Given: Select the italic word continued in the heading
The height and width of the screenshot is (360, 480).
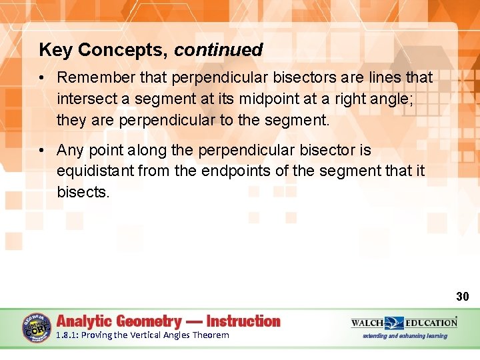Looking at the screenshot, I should [x=219, y=50].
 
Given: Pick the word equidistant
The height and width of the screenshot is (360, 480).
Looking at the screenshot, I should [x=95, y=171].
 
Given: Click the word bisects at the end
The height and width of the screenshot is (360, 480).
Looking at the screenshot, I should [x=81, y=192].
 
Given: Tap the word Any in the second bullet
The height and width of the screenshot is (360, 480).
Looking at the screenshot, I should [x=70, y=151].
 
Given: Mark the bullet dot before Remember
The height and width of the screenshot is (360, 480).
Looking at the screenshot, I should [x=41, y=78].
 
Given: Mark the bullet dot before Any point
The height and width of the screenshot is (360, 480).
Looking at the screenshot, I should [x=41, y=151].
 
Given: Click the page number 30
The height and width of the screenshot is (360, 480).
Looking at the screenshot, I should [x=463, y=296].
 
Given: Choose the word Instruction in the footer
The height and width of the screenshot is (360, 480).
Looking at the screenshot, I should [x=243, y=321].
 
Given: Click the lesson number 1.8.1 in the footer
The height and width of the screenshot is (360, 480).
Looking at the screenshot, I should [x=67, y=335].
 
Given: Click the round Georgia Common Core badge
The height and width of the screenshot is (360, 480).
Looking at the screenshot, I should [x=36, y=328].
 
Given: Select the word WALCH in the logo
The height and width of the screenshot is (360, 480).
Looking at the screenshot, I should [x=367, y=323].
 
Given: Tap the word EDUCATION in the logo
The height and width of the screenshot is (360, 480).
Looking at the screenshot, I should [x=431, y=323].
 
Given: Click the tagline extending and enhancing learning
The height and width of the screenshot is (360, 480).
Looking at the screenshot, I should [x=405, y=336].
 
